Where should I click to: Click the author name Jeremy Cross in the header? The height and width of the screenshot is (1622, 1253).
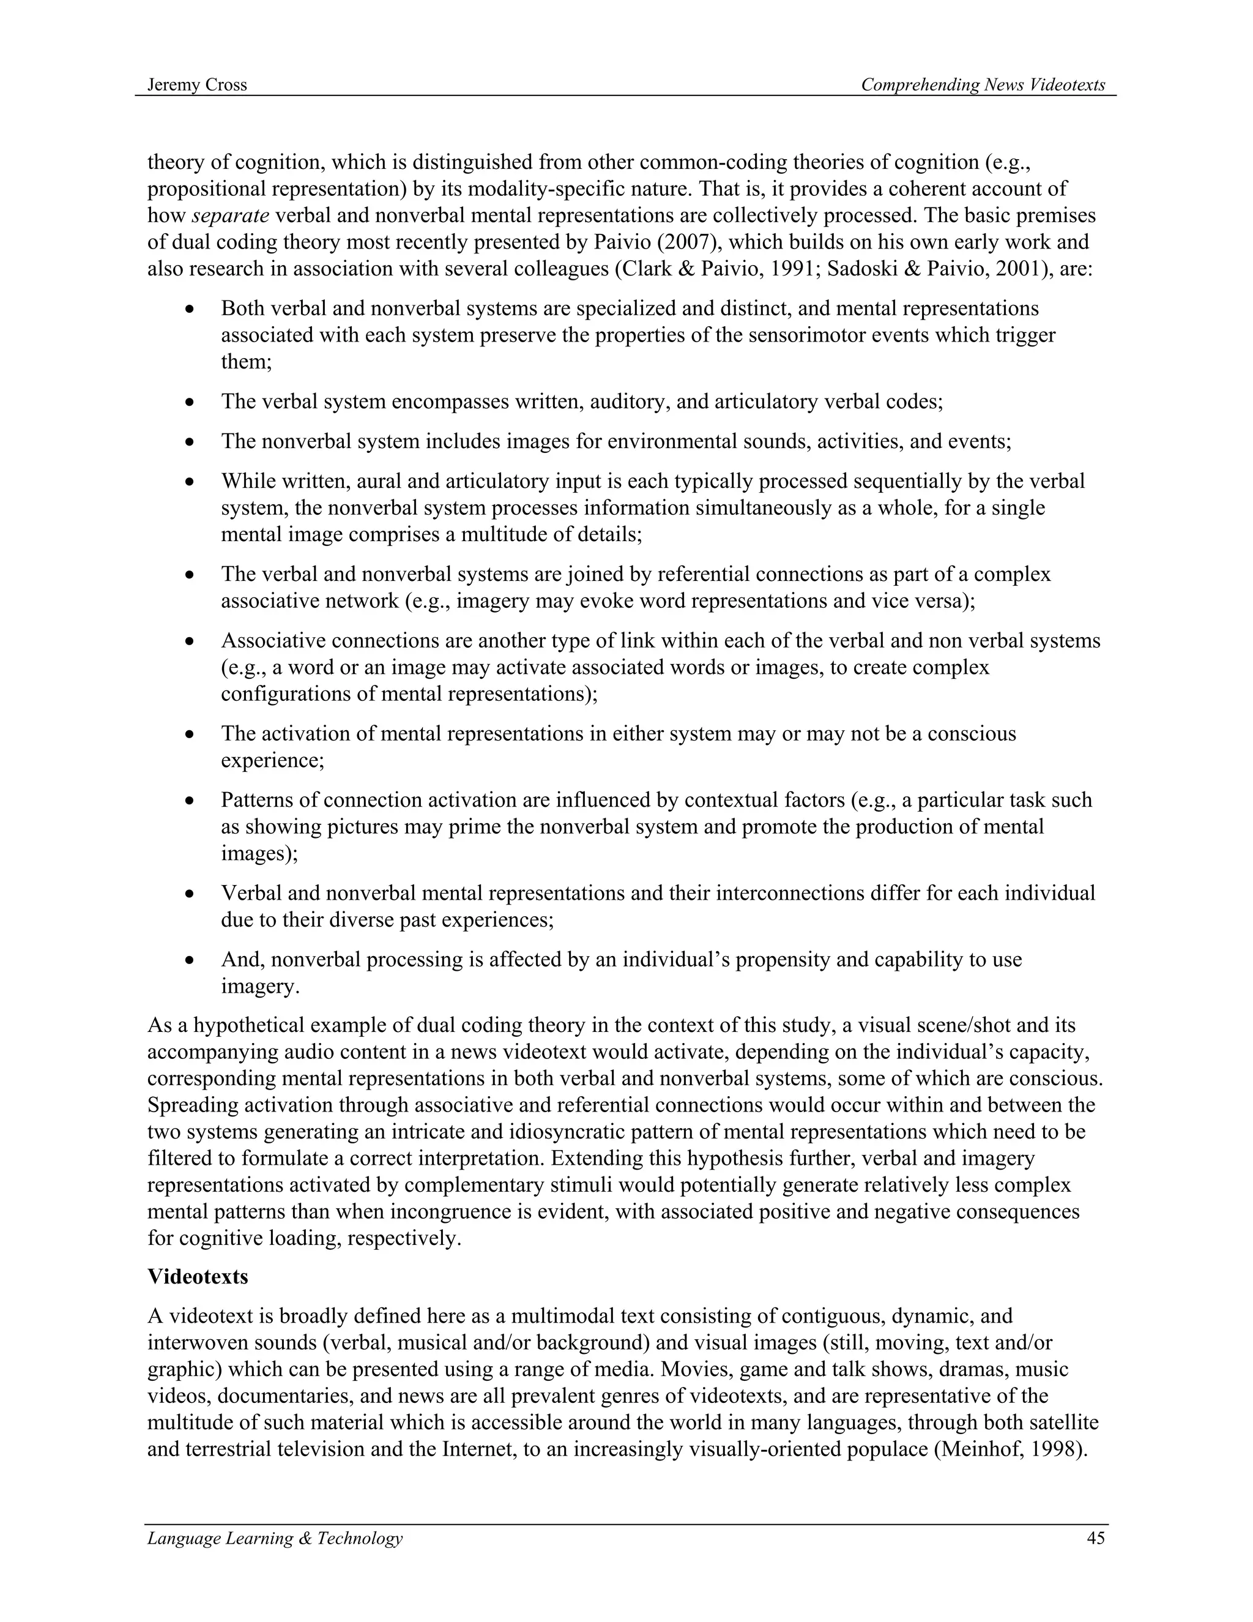[x=197, y=84]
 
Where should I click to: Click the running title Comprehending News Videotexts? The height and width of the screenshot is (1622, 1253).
[x=983, y=84]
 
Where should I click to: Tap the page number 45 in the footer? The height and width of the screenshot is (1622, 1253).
[x=1096, y=1538]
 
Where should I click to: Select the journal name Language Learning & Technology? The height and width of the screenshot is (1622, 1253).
[x=275, y=1538]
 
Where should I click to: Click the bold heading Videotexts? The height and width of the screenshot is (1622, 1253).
[x=198, y=1277]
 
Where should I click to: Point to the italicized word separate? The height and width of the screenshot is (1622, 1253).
[x=230, y=216]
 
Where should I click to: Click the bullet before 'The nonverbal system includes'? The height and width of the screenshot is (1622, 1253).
[x=191, y=443]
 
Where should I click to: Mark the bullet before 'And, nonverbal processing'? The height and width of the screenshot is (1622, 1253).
[x=191, y=960]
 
